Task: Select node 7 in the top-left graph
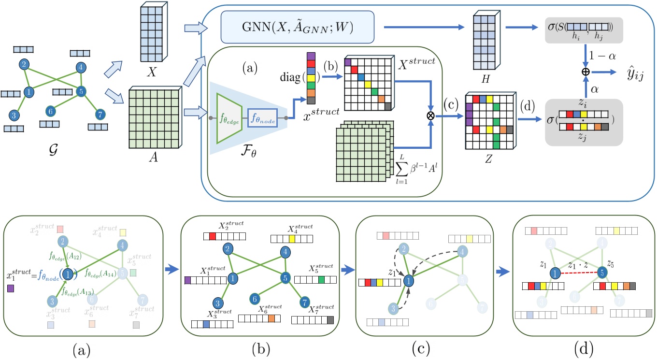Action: click(x=100, y=114)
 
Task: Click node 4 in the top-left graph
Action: click(x=80, y=68)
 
